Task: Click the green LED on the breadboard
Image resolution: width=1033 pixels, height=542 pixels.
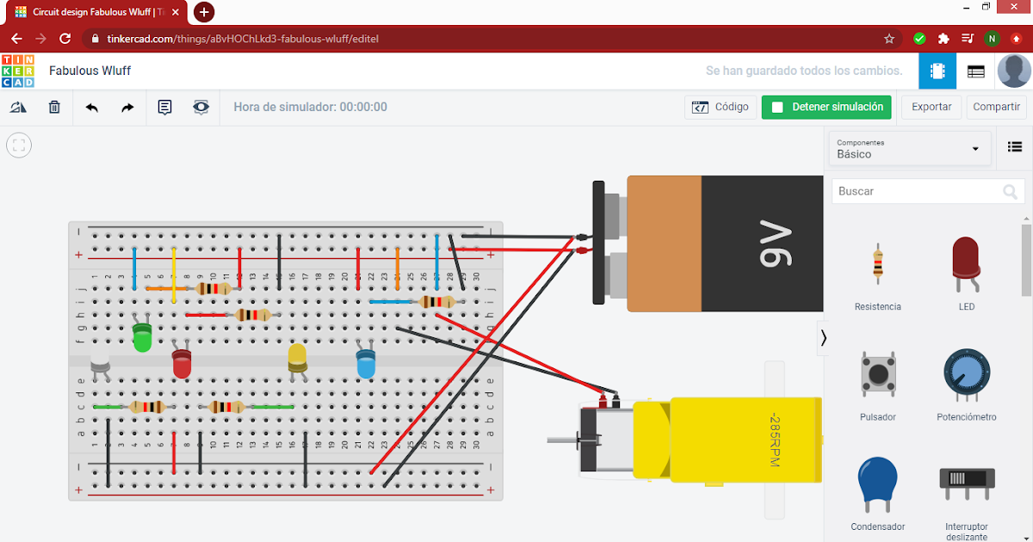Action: click(143, 336)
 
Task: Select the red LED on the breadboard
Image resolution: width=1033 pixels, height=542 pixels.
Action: click(182, 363)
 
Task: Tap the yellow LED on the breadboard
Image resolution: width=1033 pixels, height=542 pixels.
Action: click(298, 356)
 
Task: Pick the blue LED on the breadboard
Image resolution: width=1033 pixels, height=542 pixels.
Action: click(366, 363)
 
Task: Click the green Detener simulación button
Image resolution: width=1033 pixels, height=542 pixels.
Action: click(826, 108)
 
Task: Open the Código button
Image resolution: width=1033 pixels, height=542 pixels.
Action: click(721, 108)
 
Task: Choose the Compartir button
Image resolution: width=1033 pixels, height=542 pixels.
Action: click(996, 108)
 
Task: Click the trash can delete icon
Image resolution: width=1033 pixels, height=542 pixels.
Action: click(54, 108)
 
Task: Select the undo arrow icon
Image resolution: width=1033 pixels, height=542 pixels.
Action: click(92, 108)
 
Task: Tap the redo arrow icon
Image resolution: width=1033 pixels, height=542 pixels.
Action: click(127, 108)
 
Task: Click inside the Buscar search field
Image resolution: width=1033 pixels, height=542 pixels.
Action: click(917, 191)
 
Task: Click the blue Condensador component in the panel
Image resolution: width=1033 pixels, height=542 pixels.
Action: click(877, 486)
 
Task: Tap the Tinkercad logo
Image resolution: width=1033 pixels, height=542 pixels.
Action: click(18, 71)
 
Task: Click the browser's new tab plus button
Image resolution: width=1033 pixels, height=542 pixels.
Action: click(204, 12)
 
